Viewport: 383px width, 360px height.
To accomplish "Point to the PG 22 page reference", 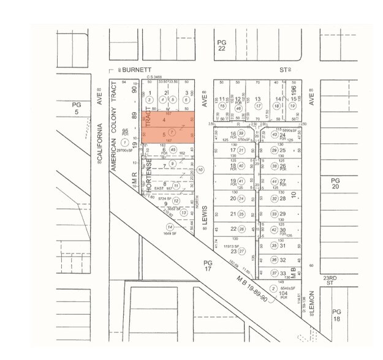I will click(222, 45).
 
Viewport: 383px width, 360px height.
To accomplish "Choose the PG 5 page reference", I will click(77, 109).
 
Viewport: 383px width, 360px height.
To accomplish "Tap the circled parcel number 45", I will click(173, 150).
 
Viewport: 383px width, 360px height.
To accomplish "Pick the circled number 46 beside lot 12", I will click(239, 108).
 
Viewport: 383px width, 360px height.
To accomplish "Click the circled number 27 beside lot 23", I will click(241, 251).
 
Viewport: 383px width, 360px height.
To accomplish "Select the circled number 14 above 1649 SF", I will click(162, 227).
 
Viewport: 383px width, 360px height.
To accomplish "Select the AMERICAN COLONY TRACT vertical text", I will click(113, 113).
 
